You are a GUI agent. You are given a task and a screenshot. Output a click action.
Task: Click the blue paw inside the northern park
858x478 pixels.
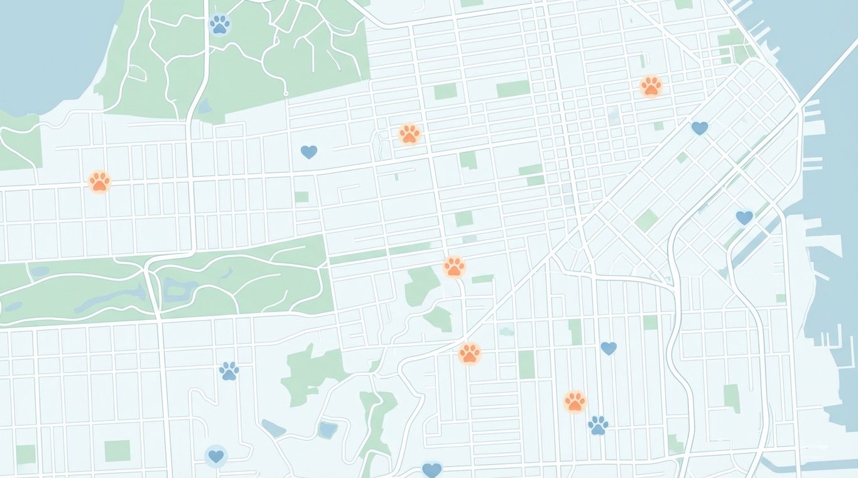click(219, 24)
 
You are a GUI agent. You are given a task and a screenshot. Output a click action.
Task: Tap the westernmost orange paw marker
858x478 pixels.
click(99, 181)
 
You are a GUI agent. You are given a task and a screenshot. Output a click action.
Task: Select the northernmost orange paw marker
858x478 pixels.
click(651, 86)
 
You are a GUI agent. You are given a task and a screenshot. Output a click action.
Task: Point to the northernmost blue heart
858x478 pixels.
click(699, 128)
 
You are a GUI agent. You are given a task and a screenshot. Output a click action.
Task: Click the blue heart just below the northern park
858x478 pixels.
click(308, 151)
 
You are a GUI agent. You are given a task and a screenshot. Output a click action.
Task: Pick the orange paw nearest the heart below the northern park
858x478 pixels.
click(409, 133)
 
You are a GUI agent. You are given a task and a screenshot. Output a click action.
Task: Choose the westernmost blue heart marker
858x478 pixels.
click(215, 456)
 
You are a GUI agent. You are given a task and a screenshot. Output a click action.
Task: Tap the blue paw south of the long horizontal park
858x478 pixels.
click(229, 371)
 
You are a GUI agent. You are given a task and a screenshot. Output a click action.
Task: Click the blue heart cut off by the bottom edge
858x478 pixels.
click(432, 469)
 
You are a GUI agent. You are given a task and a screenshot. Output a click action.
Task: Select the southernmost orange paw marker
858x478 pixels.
click(574, 401)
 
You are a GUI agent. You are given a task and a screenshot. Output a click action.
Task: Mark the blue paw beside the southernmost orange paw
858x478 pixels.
click(598, 425)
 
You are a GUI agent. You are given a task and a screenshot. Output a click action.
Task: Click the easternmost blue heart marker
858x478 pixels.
click(744, 217)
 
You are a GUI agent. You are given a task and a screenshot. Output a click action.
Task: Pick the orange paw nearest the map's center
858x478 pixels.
click(453, 267)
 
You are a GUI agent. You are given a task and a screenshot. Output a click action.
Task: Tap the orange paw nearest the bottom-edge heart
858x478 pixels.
click(469, 353)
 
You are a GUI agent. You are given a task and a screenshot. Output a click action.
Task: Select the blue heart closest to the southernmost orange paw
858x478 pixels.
click(608, 348)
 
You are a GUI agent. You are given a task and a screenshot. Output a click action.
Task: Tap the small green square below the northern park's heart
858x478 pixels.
click(301, 196)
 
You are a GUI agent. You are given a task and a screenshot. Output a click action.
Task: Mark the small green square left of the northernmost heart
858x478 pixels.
click(658, 126)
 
